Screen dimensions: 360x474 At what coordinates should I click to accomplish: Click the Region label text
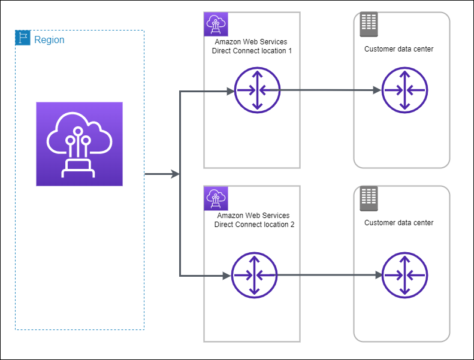49,40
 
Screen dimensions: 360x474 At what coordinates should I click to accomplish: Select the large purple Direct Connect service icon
79,144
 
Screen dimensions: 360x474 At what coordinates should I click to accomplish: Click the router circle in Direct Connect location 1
257,90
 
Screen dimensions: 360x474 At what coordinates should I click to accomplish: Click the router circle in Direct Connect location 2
254,276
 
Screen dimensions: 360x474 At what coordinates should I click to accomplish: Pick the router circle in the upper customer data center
403,90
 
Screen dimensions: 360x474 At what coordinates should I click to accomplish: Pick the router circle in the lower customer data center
404,275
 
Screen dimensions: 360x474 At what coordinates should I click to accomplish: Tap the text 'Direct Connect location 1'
252,51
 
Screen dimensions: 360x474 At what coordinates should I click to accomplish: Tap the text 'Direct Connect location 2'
254,225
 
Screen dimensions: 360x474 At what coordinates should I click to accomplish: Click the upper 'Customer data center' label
398,49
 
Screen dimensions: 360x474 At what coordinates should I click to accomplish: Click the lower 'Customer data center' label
398,223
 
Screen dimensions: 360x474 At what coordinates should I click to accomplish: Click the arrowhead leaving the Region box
176,174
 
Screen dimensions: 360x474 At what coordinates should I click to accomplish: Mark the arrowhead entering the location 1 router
230,92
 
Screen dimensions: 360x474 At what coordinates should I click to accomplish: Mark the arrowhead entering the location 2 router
227,276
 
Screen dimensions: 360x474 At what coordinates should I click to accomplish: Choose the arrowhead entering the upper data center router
377,90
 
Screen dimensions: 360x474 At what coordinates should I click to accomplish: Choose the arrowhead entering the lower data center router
379,275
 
